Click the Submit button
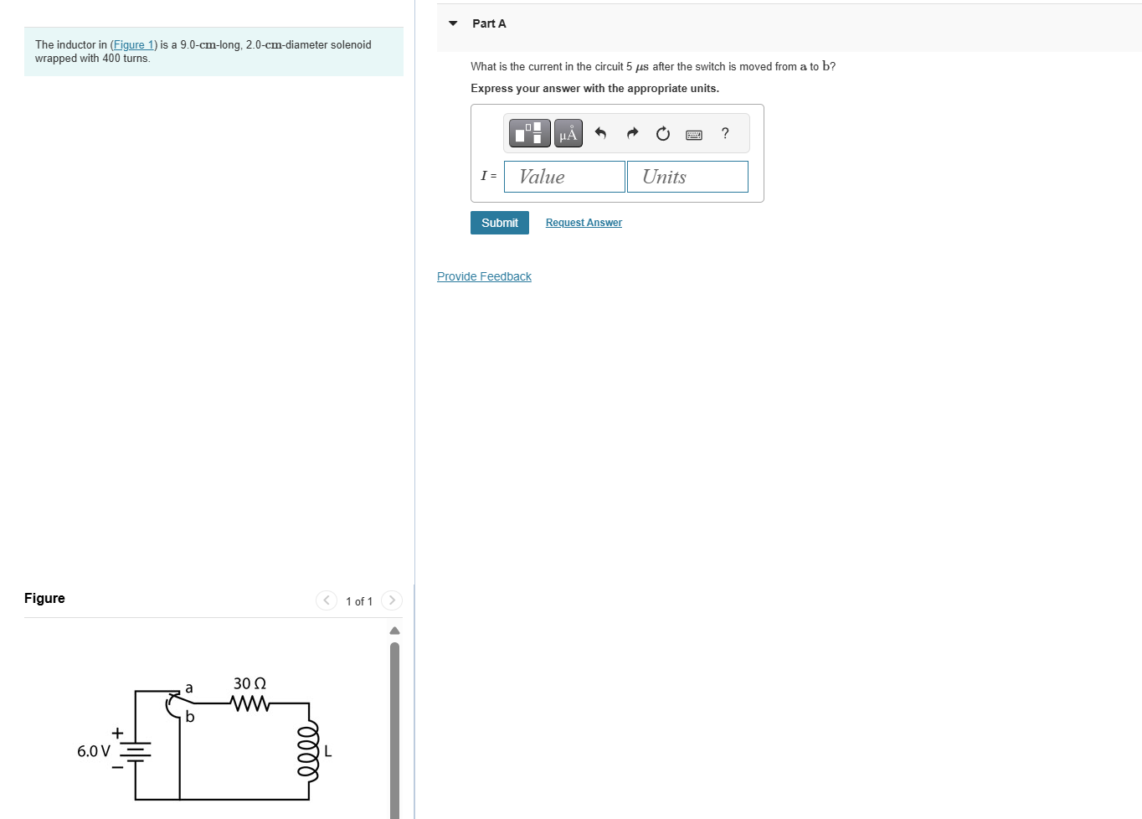pos(499,223)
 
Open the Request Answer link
pos(584,223)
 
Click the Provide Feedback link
pos(484,276)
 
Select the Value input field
pos(564,177)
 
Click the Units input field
pos(687,177)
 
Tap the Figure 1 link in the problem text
pos(134,45)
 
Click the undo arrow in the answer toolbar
pos(600,133)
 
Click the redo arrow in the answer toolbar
pos(632,133)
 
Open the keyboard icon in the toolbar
pos(694,134)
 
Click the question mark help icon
pos(725,133)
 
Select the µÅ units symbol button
pos(568,133)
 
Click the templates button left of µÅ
pos(530,133)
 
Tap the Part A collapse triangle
pos(453,23)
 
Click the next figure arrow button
pos(391,600)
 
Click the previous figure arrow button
pos(327,600)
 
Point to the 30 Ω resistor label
pos(249,683)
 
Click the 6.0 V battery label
pos(93,751)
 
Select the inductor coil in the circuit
pos(309,751)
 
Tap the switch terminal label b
pos(190,717)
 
